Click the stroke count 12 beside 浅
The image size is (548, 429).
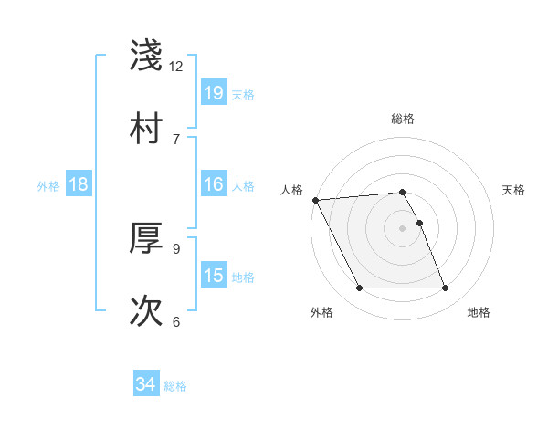pyautogui.click(x=176, y=67)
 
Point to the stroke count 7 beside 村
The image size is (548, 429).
pyautogui.click(x=176, y=139)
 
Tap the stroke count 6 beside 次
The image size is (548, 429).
pyautogui.click(x=176, y=321)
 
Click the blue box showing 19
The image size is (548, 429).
pyautogui.click(x=214, y=93)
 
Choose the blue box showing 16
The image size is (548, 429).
pyautogui.click(x=214, y=184)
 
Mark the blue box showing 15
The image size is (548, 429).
pyautogui.click(x=214, y=276)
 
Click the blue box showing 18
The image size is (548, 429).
pyautogui.click(x=79, y=184)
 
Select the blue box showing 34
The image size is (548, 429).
pyautogui.click(x=146, y=385)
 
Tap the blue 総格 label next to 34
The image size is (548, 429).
pyautogui.click(x=175, y=386)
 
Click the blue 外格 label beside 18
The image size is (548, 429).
pyautogui.click(x=48, y=185)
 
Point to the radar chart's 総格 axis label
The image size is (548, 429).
pyautogui.click(x=403, y=119)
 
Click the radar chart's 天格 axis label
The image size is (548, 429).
pyautogui.click(x=514, y=190)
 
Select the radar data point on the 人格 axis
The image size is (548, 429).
pyautogui.click(x=316, y=200)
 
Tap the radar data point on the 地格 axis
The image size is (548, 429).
pyautogui.click(x=445, y=288)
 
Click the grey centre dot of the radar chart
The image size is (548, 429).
pyautogui.click(x=403, y=228)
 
